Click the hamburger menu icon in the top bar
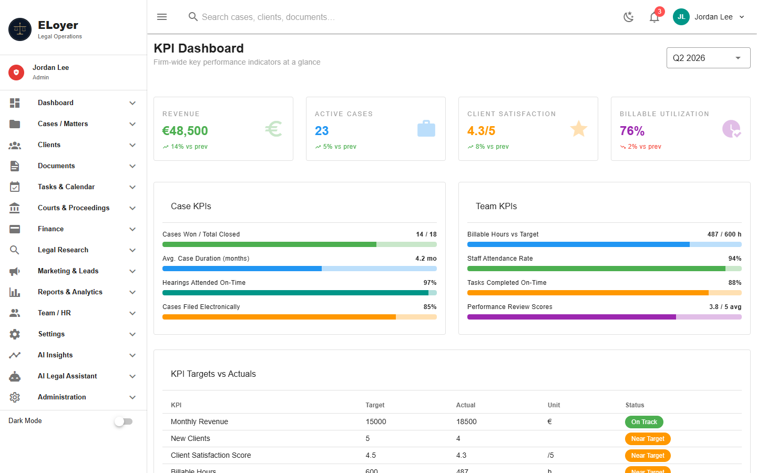pyautogui.click(x=162, y=17)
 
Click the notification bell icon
pyautogui.click(x=654, y=17)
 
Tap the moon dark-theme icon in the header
pyautogui.click(x=628, y=17)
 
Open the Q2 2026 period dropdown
pyautogui.click(x=708, y=58)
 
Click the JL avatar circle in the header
pyautogui.click(x=681, y=17)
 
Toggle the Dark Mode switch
pyautogui.click(x=124, y=421)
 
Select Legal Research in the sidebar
pyautogui.click(x=63, y=250)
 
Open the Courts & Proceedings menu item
pyautogui.click(x=74, y=208)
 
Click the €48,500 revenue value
pyautogui.click(x=185, y=131)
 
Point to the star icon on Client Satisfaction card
pyautogui.click(x=579, y=129)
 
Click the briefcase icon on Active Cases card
pyautogui.click(x=426, y=128)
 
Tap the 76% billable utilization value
pyautogui.click(x=632, y=131)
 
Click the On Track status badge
pyautogui.click(x=644, y=421)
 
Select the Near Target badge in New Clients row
pyautogui.click(x=648, y=438)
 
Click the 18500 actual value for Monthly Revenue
pyautogui.click(x=466, y=421)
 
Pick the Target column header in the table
pyautogui.click(x=375, y=405)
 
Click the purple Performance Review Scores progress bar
pyautogui.click(x=604, y=317)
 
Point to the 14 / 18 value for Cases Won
pyautogui.click(x=426, y=234)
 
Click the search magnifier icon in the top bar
pyautogui.click(x=193, y=17)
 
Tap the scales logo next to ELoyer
pyautogui.click(x=20, y=29)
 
